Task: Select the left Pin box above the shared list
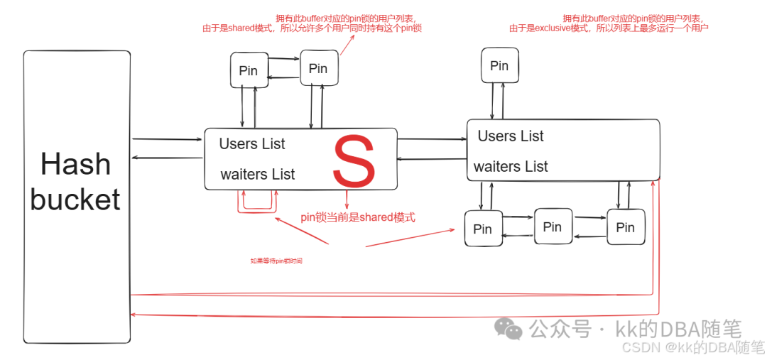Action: [x=249, y=70]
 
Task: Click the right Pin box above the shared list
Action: [x=318, y=68]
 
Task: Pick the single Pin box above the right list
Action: [x=499, y=65]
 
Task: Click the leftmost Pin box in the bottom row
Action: [x=482, y=229]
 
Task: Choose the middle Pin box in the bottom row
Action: [x=553, y=227]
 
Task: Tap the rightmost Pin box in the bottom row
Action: [x=626, y=227]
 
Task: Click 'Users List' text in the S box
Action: [x=252, y=143]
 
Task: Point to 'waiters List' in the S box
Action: [x=258, y=174]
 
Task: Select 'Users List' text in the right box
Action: [x=511, y=136]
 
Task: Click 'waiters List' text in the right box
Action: [x=511, y=167]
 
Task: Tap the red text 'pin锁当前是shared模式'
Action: [x=358, y=217]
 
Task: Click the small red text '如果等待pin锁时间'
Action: [x=276, y=261]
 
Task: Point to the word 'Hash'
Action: [x=76, y=165]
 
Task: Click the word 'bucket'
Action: [x=75, y=200]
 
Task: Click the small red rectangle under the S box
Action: [x=256, y=202]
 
